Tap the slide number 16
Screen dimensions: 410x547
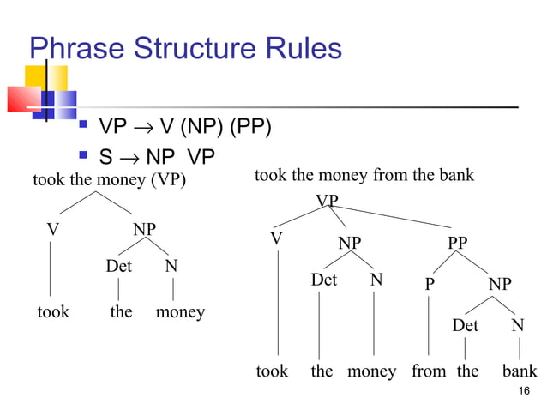coord(525,392)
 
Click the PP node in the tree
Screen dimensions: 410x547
coord(458,243)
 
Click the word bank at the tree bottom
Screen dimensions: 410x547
coord(520,371)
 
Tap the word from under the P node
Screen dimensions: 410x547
coord(429,371)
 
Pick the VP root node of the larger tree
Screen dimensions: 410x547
coord(326,201)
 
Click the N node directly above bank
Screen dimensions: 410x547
coord(517,326)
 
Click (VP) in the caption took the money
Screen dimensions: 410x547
coord(168,180)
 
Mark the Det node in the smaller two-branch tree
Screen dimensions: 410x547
coord(118,267)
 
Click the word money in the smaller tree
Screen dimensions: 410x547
coord(180,312)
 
